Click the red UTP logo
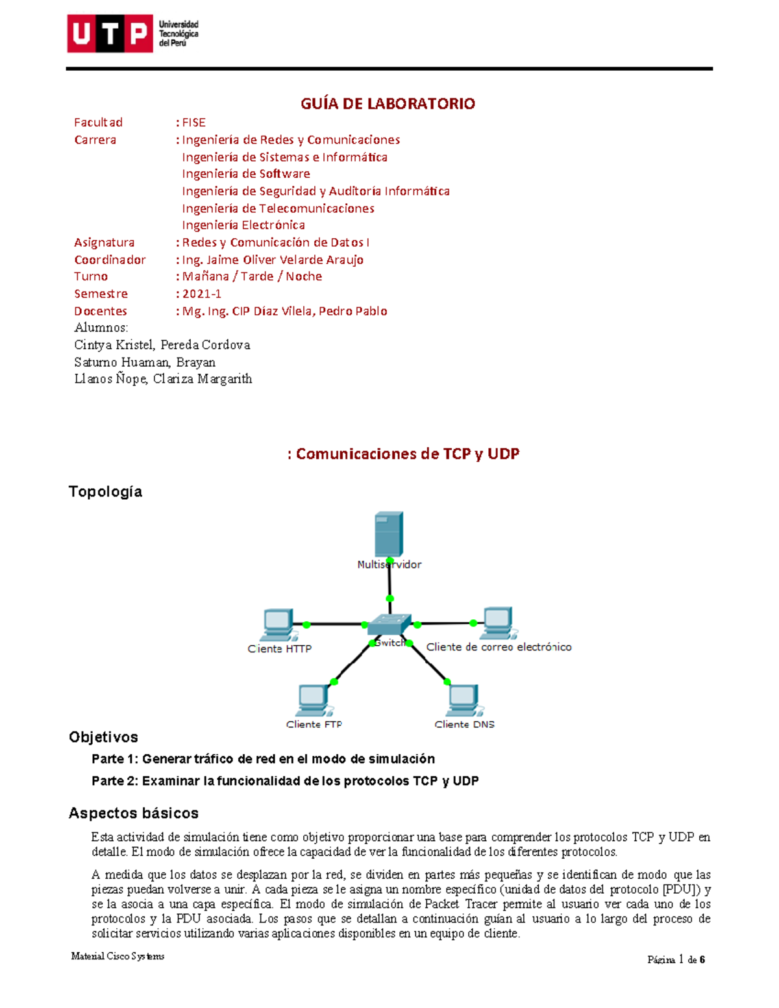110,34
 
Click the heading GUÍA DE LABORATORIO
388,104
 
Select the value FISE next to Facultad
193,123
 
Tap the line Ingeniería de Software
246,174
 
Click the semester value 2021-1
202,294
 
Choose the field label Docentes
101,312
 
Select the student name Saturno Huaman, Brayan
145,362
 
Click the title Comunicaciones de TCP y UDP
407,454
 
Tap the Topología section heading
105,492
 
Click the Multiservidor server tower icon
389,534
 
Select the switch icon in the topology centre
389,624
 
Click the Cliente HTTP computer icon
279,624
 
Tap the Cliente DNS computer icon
464,700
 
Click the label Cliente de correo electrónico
499,647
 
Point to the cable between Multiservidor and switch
389,587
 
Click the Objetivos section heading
103,737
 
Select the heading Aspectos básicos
134,813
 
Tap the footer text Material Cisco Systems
117,956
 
